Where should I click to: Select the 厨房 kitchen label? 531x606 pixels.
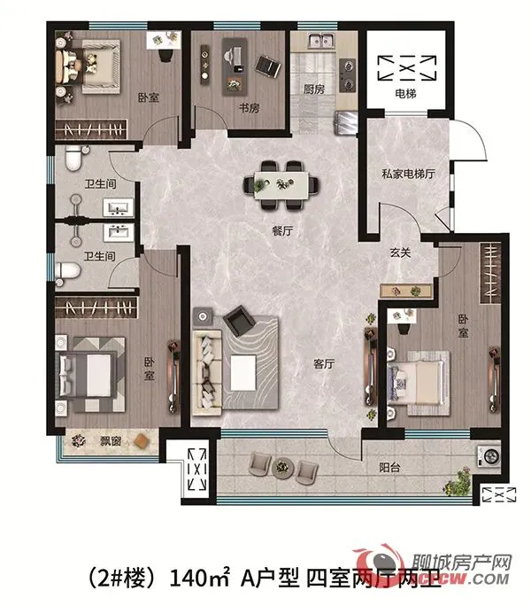coord(314,89)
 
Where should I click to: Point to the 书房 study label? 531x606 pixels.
coord(222,109)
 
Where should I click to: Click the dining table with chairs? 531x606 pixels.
coord(284,183)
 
